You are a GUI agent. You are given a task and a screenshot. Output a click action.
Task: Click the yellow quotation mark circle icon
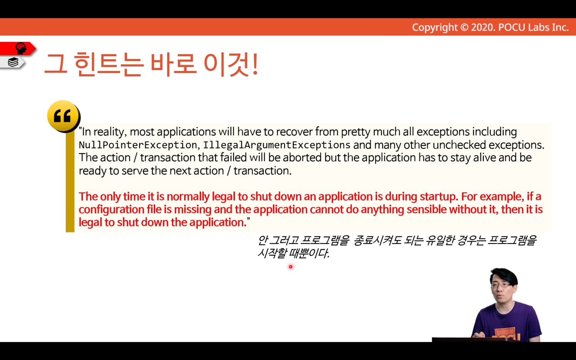coord(64,116)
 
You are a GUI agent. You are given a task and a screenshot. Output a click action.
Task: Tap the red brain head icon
coord(21,48)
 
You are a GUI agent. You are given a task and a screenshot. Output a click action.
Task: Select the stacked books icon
coord(13,62)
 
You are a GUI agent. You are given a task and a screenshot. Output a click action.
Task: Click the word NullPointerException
coord(138,145)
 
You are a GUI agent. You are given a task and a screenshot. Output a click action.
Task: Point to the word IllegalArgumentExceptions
coord(277,145)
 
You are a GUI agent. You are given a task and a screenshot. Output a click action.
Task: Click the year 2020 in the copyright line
coord(483,27)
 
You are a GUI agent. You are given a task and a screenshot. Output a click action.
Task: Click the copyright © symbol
coord(464,27)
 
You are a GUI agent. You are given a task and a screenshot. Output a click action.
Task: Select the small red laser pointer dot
coord(291,267)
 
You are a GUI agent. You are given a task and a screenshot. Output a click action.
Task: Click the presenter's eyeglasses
coord(501,285)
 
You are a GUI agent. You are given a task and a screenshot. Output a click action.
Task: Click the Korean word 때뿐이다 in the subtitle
coord(309,254)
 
